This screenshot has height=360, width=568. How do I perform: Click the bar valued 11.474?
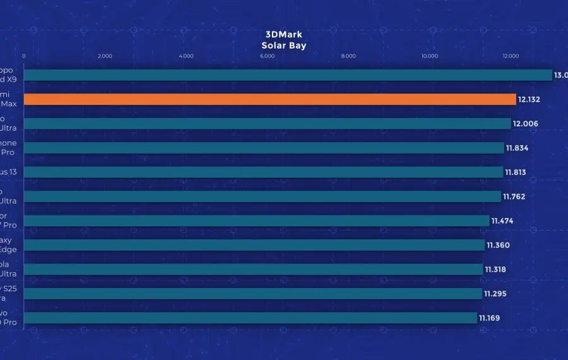(x=256, y=220)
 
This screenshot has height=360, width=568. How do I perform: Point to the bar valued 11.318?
(x=253, y=269)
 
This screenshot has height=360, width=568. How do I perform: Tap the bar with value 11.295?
(x=252, y=294)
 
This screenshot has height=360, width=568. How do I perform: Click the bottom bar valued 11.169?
(x=250, y=318)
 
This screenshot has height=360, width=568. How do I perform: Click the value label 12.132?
(x=530, y=100)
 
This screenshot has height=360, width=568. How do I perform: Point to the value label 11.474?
(x=503, y=221)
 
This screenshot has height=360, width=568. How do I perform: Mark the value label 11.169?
(x=489, y=318)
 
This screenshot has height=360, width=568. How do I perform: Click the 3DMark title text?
(x=283, y=35)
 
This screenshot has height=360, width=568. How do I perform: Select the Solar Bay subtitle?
(x=283, y=45)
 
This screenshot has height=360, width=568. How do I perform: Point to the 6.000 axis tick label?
(x=267, y=56)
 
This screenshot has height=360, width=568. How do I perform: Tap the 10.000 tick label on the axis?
(x=429, y=56)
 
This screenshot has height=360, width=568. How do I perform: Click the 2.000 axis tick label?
(x=105, y=56)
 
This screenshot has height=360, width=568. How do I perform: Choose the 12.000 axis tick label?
(x=510, y=56)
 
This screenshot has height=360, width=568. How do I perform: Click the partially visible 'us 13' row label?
(x=8, y=172)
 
